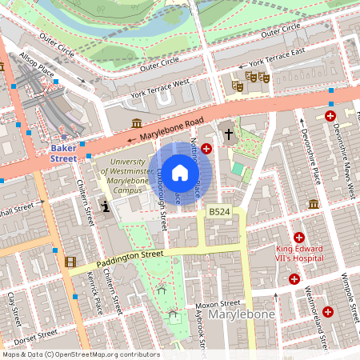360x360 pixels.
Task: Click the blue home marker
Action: point(180,172)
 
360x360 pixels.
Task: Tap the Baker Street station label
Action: point(63,153)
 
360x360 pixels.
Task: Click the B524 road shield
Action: point(218,211)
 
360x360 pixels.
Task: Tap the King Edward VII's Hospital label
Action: point(288,253)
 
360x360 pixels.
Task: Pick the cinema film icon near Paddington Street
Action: point(70,262)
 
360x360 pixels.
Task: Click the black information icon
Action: point(106,206)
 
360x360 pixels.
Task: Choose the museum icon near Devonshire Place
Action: point(314,204)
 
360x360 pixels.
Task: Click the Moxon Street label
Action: point(218,304)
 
